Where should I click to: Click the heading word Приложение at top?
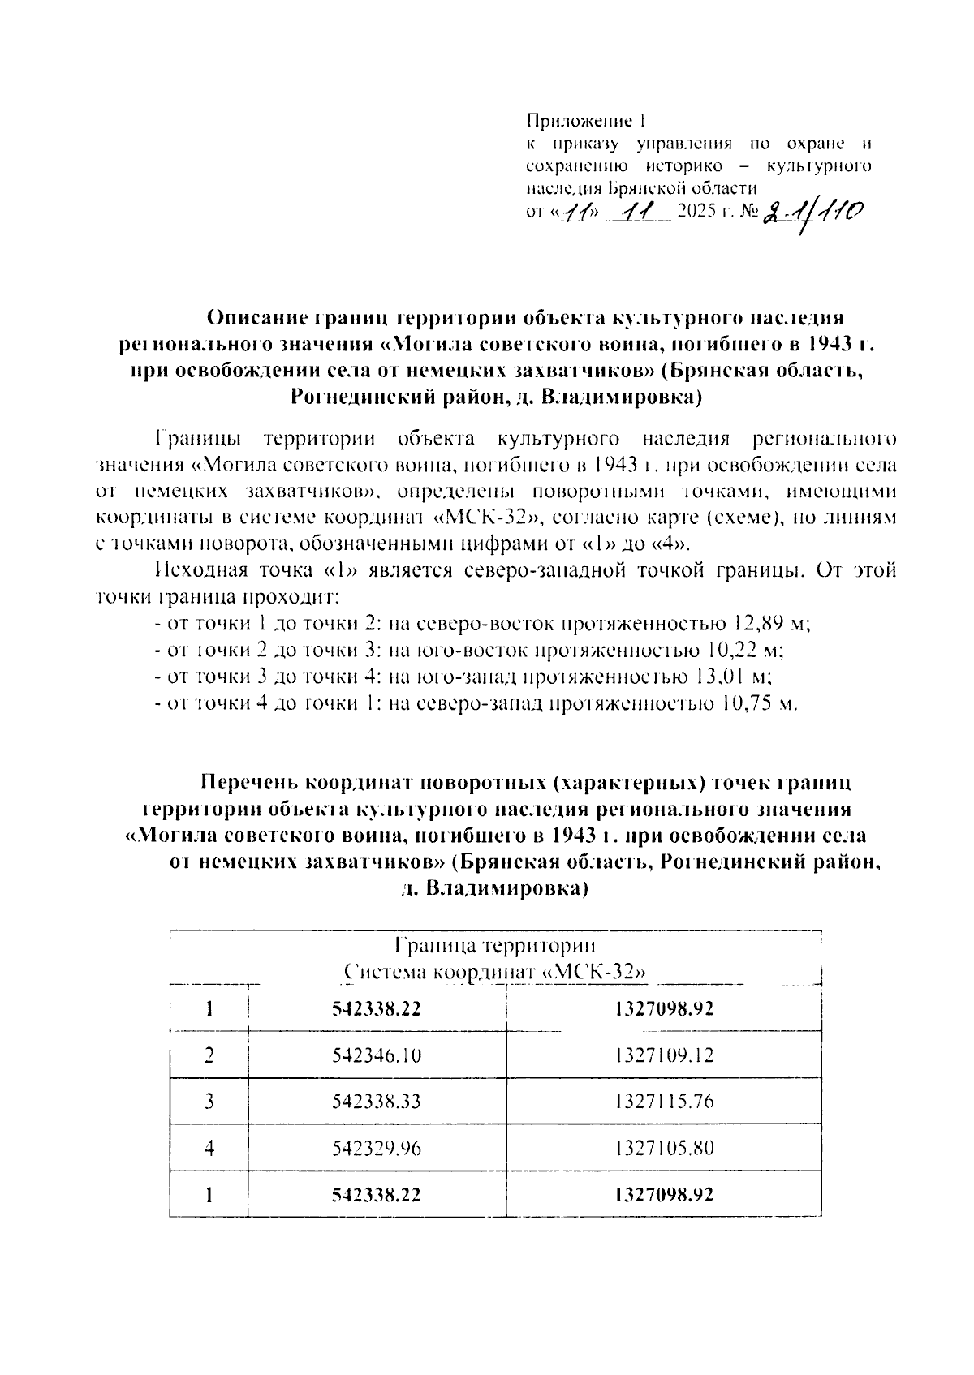tap(579, 122)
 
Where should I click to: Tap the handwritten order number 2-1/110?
tap(812, 214)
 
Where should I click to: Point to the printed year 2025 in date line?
tap(700, 213)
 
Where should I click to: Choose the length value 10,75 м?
tap(758, 703)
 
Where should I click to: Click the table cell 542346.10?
tap(377, 1055)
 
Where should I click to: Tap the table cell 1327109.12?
tap(664, 1055)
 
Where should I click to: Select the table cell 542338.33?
tap(377, 1102)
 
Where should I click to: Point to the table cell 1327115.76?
tap(664, 1102)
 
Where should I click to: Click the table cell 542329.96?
tap(377, 1149)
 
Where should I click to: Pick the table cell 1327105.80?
tap(664, 1149)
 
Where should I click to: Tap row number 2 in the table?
tap(209, 1055)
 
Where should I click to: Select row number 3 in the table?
tap(209, 1102)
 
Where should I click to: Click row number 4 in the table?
tap(209, 1149)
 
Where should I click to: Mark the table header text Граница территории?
tap(494, 946)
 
